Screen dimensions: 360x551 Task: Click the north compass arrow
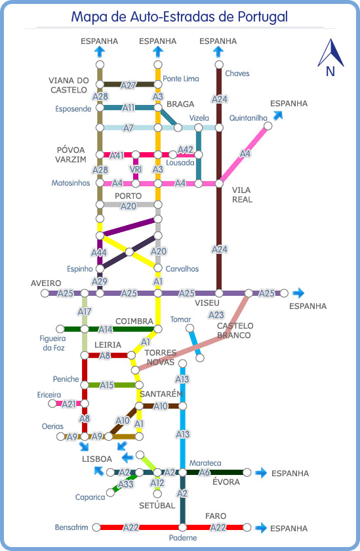(x=331, y=54)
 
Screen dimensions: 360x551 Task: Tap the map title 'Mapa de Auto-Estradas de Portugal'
(x=180, y=16)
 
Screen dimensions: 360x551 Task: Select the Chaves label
(x=237, y=73)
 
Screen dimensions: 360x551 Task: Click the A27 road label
(x=129, y=85)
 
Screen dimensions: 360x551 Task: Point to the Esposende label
(x=73, y=109)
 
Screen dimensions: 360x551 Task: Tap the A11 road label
(x=129, y=108)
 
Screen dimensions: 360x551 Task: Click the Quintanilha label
(x=249, y=118)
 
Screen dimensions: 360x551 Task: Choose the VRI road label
(x=136, y=169)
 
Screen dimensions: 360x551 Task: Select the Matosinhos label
(x=71, y=183)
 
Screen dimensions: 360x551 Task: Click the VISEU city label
(x=207, y=303)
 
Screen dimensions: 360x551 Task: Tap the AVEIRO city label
(x=46, y=283)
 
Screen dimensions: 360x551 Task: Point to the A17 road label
(x=85, y=312)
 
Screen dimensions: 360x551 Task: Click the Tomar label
(x=180, y=319)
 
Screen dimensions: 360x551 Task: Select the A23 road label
(x=216, y=315)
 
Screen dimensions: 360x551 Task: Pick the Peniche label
(x=66, y=379)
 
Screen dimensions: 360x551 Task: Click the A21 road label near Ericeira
(x=69, y=404)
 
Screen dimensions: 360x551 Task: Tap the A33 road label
(x=126, y=485)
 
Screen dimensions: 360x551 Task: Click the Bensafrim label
(x=71, y=527)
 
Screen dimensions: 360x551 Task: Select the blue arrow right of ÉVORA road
(x=261, y=473)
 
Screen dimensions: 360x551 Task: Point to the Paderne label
(x=183, y=538)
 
